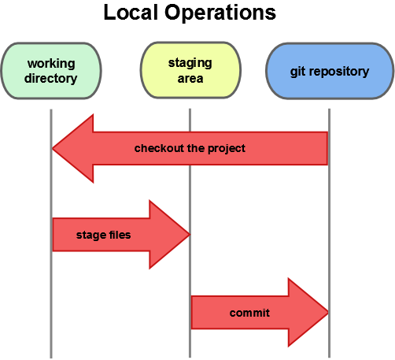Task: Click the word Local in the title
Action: coord(129,13)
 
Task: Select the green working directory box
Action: coord(51,71)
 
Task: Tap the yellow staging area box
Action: coord(190,71)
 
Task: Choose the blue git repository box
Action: coord(328,71)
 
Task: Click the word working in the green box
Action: coord(51,64)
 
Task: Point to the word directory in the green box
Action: coord(51,78)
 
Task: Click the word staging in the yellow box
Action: coord(190,62)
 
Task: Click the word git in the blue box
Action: coord(297,72)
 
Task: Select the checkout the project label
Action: coord(190,148)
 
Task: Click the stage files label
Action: coord(103,235)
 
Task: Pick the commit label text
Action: coord(249,313)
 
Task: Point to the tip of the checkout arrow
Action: coord(54,148)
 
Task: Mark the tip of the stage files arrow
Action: coord(189,234)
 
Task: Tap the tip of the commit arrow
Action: coord(327,313)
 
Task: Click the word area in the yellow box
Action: coord(190,79)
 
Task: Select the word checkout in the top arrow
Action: coord(157,148)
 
